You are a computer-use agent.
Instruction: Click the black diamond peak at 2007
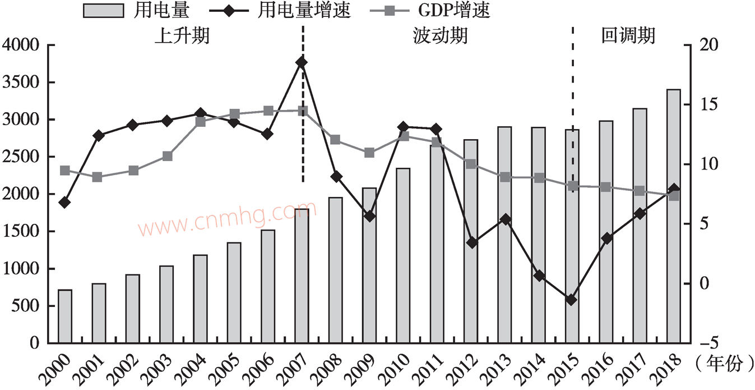(302, 62)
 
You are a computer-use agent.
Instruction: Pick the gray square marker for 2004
(200, 121)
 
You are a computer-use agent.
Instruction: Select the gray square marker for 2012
(471, 164)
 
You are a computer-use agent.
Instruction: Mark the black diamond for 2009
(369, 215)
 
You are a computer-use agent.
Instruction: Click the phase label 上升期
(182, 36)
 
